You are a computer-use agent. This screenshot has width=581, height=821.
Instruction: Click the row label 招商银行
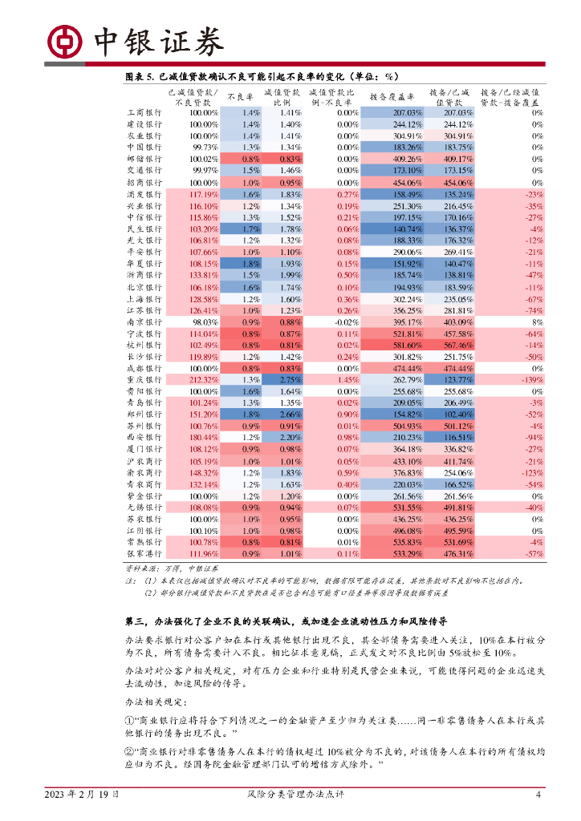144,183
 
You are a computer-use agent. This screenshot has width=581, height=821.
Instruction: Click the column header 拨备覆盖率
391,97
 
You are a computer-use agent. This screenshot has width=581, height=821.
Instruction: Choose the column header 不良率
240,97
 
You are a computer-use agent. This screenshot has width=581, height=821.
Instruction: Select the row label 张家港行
144,554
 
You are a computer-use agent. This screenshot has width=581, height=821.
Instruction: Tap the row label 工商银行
144,113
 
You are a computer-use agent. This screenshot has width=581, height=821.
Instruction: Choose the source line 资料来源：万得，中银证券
168,568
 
